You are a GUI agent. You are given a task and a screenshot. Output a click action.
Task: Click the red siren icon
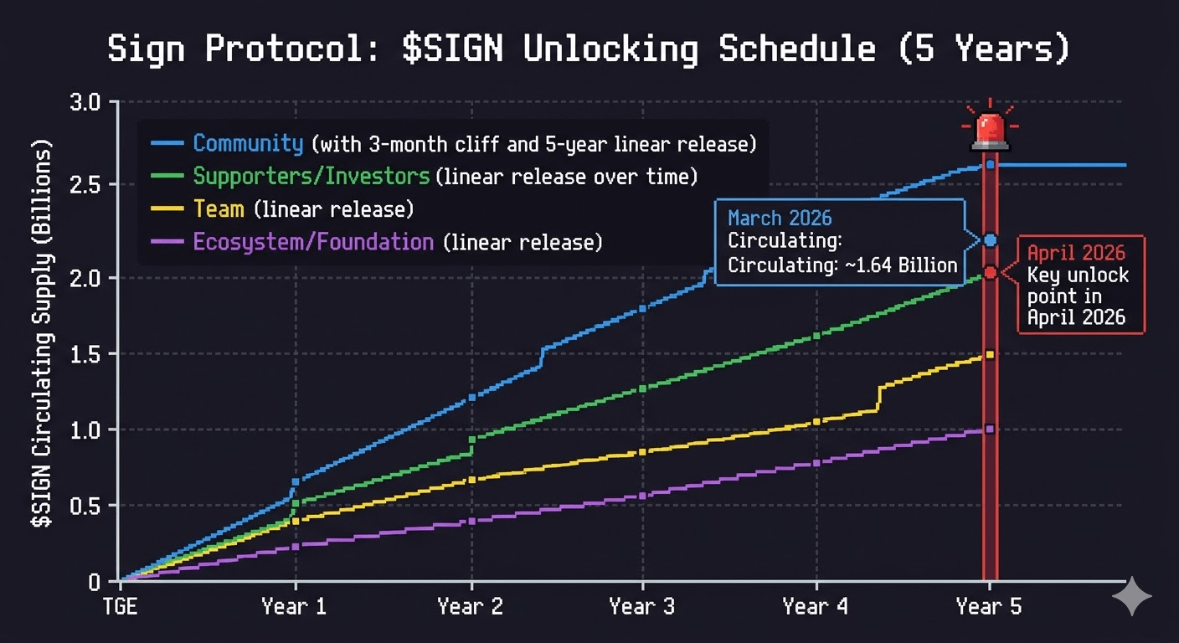click(990, 130)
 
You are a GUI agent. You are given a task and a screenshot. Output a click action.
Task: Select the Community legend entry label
click(248, 143)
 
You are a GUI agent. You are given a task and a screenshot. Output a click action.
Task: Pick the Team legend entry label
click(219, 208)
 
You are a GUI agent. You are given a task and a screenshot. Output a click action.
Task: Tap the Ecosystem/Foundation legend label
click(313, 242)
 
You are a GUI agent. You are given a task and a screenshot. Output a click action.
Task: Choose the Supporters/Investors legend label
click(311, 176)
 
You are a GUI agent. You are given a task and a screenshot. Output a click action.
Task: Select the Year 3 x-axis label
click(642, 606)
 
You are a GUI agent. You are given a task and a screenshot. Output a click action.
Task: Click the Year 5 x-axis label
click(989, 606)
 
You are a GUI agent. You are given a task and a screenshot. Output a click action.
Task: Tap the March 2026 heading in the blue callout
click(780, 219)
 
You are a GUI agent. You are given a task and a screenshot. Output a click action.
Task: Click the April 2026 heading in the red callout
click(1076, 253)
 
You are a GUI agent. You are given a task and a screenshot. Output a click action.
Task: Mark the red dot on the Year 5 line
click(990, 272)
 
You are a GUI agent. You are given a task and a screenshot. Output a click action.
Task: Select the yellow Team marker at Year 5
click(990, 354)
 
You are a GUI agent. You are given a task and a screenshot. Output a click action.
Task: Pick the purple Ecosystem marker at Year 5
click(990, 429)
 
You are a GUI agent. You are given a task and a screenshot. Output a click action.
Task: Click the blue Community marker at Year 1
click(295, 482)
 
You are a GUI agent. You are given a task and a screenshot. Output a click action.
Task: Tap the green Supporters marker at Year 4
click(816, 336)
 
